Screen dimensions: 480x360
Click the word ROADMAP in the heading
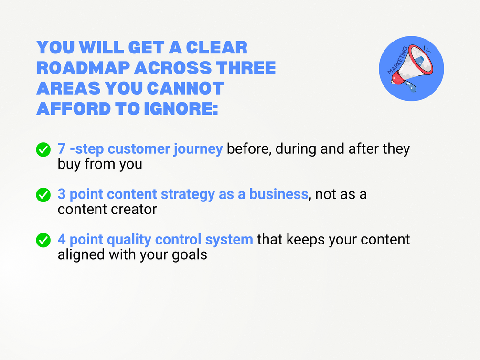coord(83,68)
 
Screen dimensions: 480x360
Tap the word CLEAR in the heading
coord(217,47)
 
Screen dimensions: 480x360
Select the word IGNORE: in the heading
coord(181,109)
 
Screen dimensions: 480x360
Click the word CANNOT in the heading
coord(185,88)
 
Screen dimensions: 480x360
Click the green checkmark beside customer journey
coord(43,150)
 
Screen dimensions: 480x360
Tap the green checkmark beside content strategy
coord(43,195)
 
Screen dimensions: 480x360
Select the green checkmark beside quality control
coord(43,240)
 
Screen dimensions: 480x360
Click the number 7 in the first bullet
coord(62,149)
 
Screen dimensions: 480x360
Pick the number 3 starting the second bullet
coord(62,194)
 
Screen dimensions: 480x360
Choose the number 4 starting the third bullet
coord(62,239)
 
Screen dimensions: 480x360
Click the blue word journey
coord(198,150)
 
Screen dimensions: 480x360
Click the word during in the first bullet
coord(296,149)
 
